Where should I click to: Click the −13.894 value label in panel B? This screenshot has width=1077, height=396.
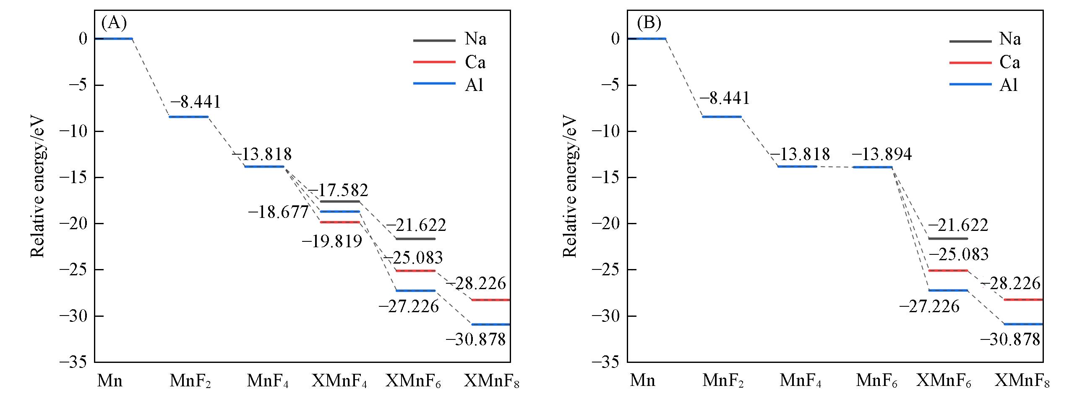tap(881, 155)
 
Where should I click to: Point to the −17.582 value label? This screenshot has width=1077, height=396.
tap(338, 190)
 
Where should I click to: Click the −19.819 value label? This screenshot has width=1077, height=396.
tap(332, 241)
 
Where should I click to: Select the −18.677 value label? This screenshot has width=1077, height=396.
tap(278, 212)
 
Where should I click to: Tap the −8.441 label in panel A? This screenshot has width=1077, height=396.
tap(196, 101)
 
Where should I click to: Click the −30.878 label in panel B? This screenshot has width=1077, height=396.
tap(1010, 339)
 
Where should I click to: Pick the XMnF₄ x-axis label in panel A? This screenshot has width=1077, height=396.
tap(339, 381)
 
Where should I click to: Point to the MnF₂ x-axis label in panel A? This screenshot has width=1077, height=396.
tap(190, 381)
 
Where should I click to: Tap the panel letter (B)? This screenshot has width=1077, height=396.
tap(649, 23)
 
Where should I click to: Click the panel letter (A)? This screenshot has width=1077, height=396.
tap(114, 23)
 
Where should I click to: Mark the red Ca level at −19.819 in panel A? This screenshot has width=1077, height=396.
tap(340, 222)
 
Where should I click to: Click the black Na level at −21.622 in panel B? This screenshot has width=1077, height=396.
tap(947, 238)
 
